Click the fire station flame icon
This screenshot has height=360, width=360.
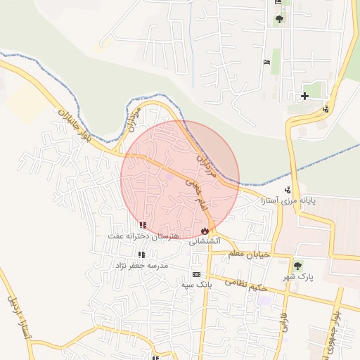coord(205,230)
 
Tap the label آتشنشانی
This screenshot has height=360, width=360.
coord(205,240)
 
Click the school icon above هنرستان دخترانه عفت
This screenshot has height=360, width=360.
coord(143,225)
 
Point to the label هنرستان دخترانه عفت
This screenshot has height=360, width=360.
coord(138,236)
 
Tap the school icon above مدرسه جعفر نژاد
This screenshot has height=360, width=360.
coord(141,255)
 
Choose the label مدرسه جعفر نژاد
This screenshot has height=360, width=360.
coord(141,265)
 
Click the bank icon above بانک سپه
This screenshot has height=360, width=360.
coord(195,274)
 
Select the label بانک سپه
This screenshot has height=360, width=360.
coord(196,285)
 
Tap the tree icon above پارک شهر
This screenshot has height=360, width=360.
coord(297,266)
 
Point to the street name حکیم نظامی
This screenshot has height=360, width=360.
coord(245,283)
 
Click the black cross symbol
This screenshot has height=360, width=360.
coord(304,96)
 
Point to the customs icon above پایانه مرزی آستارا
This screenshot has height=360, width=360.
coord(288,190)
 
